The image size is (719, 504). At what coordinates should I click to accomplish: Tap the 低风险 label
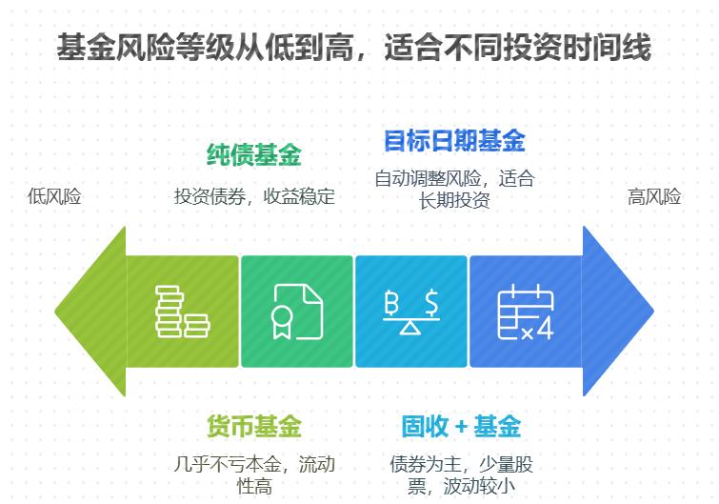[x=54, y=197]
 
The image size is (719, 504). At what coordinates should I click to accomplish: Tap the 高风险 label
[x=654, y=197]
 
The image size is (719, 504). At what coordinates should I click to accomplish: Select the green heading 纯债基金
[x=253, y=155]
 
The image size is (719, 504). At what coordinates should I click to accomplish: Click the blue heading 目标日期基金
[x=453, y=142]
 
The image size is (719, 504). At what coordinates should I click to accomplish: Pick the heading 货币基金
[x=253, y=426]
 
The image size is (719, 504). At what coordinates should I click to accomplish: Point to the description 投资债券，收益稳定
[x=254, y=197]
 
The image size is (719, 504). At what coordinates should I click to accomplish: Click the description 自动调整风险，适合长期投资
[x=454, y=189]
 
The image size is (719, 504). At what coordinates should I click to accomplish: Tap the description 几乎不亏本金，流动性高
[x=254, y=475]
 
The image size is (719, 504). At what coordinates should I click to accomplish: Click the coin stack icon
[x=182, y=311]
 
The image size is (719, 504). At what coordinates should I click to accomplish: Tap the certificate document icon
[x=296, y=311]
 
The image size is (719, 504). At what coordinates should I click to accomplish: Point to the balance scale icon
[x=410, y=311]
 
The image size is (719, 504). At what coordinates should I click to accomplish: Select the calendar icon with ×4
[x=525, y=311]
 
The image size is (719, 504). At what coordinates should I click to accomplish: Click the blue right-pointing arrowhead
[x=619, y=311]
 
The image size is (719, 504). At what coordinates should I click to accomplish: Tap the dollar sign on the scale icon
[x=431, y=302]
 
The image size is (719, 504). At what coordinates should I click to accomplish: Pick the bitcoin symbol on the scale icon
[x=390, y=302]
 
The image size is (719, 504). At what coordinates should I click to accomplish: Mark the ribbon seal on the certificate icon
[x=282, y=321]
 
